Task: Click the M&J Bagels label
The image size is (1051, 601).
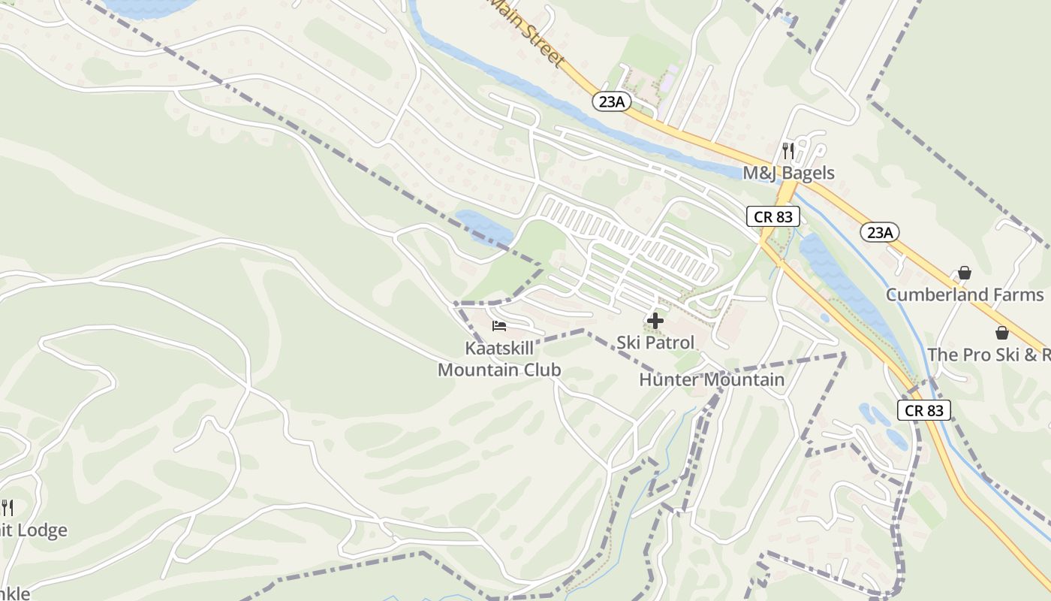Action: coord(788,173)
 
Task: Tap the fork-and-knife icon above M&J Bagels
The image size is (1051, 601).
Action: coord(787,151)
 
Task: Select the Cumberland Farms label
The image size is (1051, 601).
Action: coord(965,294)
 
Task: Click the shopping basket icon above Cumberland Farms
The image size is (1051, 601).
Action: coord(965,273)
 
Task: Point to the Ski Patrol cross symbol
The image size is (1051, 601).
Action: coord(655,321)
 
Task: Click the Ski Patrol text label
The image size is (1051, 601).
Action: coord(655,343)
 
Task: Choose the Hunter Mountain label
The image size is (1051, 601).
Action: coord(711,380)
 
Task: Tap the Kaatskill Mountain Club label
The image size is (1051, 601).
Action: coord(499,359)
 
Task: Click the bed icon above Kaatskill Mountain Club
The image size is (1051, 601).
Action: coord(499,326)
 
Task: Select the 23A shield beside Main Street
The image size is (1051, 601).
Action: coord(612,101)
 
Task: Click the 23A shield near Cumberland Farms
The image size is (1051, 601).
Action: coord(879,232)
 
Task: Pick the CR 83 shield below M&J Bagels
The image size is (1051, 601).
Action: coord(773,217)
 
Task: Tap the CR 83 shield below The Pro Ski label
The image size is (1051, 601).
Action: coord(923,410)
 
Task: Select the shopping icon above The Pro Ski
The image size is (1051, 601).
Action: coord(1001,333)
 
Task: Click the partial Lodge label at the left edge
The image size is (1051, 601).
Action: coord(34,530)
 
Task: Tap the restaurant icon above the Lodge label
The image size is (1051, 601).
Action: coord(8,508)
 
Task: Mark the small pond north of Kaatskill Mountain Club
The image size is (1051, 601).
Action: coord(483,228)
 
